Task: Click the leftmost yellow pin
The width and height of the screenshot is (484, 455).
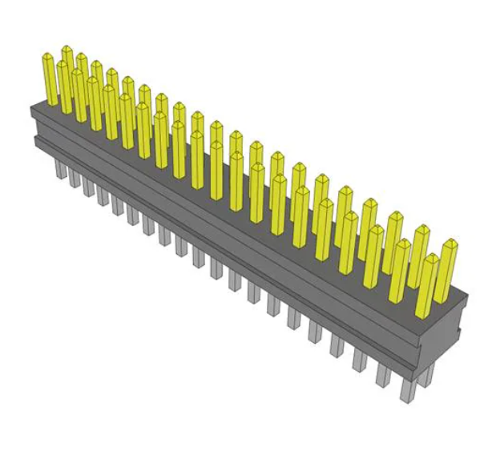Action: tap(50, 80)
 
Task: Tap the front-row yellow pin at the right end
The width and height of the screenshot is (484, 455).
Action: tap(428, 284)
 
